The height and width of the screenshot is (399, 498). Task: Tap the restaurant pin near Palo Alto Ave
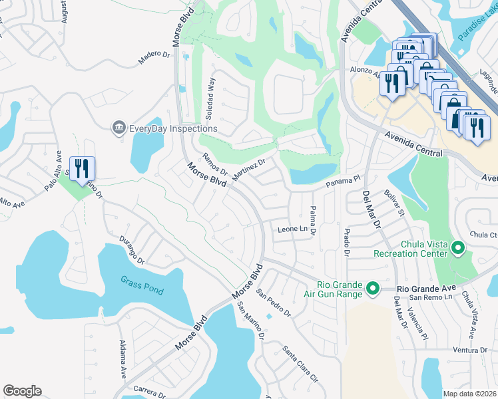tap(83, 168)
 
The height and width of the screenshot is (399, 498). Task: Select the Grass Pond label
tap(142, 281)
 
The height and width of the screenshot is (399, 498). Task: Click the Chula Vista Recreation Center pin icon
tap(457, 249)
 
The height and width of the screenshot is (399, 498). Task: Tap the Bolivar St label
tap(394, 203)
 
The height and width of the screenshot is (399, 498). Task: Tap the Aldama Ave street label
tap(123, 358)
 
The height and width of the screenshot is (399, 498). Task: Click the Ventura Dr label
tap(470, 350)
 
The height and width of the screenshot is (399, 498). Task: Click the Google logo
tap(22, 391)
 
